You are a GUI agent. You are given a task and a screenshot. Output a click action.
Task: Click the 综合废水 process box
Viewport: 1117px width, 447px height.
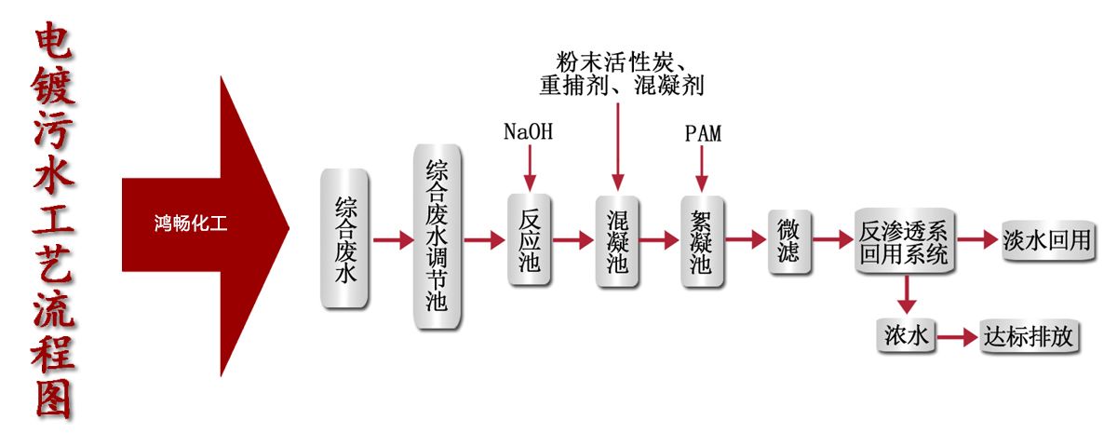344,239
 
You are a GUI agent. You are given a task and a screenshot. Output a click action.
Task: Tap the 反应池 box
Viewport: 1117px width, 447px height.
530,239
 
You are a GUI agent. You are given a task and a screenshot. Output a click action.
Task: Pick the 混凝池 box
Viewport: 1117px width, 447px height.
616,240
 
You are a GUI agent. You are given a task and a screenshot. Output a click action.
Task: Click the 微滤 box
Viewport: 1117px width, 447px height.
788,240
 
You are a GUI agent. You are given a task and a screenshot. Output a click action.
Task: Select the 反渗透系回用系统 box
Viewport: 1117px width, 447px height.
904,241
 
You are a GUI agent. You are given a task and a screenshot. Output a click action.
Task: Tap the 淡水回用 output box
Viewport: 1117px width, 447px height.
1046,240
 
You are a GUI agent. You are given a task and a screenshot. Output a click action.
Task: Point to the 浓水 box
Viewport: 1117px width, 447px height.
905,335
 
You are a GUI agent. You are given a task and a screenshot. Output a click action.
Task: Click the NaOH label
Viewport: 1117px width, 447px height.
528,132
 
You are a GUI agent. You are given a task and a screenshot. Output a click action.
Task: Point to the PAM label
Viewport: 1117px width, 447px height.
703,134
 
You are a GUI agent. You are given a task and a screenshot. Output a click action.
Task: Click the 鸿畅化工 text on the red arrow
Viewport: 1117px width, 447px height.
190,224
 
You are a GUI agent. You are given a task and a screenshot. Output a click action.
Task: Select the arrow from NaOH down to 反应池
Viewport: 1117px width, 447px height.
529,169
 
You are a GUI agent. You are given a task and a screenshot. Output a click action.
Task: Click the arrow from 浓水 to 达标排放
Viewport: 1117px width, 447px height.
954,336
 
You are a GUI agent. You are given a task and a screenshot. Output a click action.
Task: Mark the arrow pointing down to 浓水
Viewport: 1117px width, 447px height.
905,294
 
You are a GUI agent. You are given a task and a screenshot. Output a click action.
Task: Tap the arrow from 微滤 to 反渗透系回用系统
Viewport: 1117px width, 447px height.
832,240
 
